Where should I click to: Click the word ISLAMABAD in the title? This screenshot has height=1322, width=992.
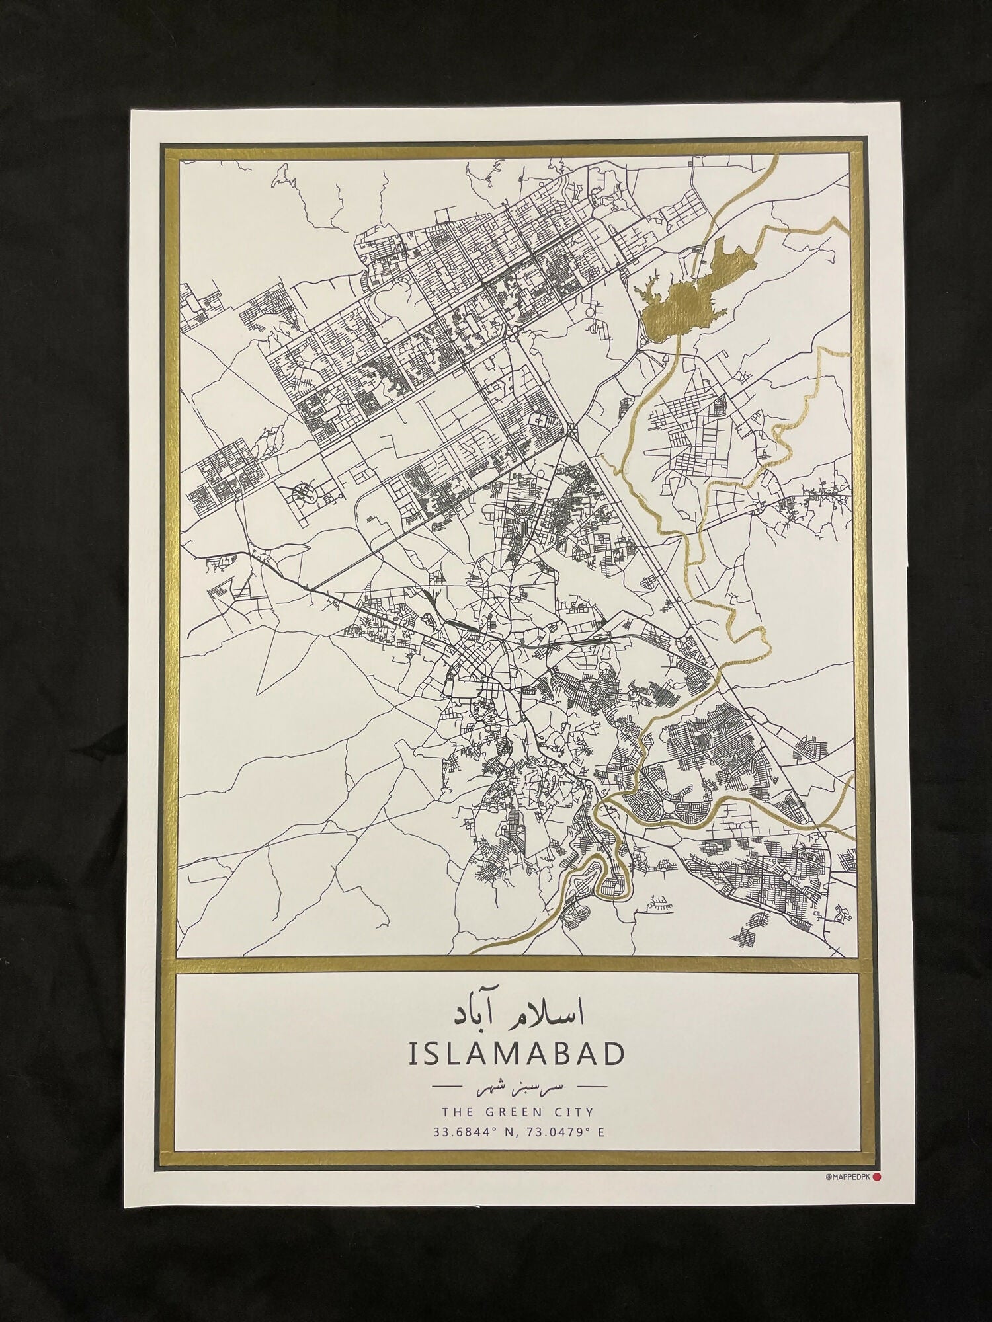[x=517, y=1054]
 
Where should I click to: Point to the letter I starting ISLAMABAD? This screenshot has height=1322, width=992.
[x=413, y=1054]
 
